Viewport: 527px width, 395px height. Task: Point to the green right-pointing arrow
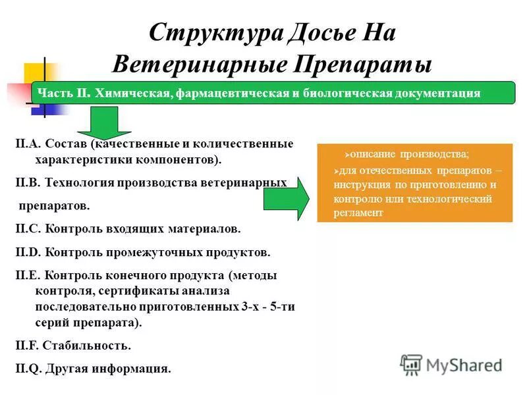(x=287, y=198)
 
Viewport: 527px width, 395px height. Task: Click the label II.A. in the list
(x=27, y=144)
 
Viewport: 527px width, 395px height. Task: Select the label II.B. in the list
(x=27, y=182)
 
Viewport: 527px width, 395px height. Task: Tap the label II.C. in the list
(x=27, y=230)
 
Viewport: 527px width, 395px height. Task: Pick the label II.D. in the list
(x=28, y=252)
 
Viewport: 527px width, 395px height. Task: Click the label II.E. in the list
(x=27, y=275)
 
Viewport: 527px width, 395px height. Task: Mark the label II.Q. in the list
(x=28, y=369)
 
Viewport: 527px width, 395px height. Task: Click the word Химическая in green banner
(x=134, y=93)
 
